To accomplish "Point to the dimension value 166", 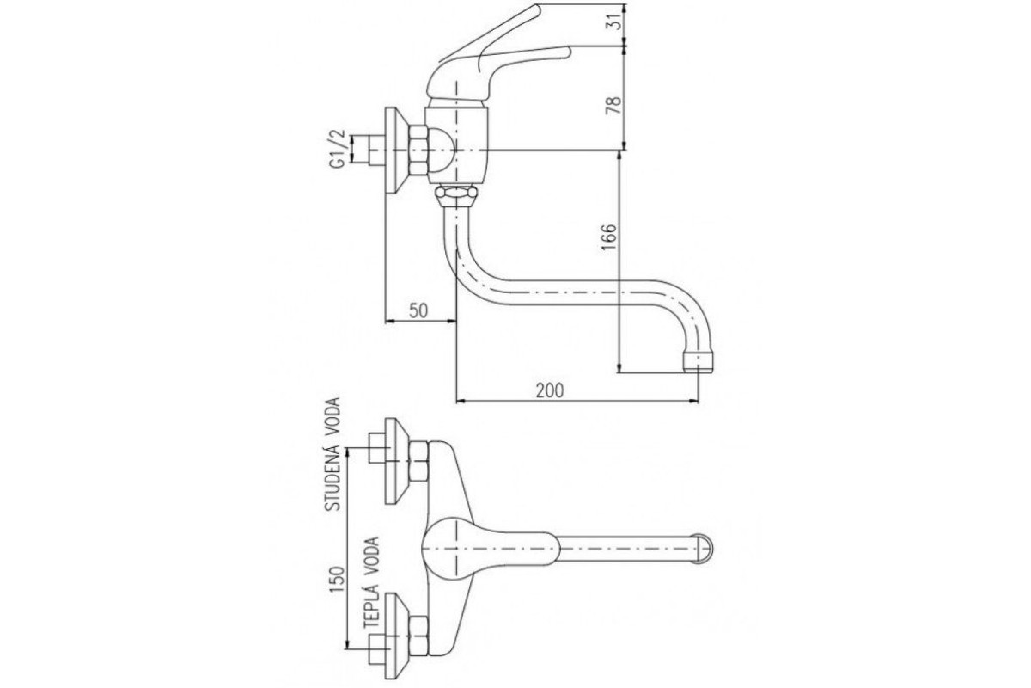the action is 608,236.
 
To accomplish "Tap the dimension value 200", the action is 550,390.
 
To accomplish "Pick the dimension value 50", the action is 418,310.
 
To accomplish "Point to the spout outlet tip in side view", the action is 698,361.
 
